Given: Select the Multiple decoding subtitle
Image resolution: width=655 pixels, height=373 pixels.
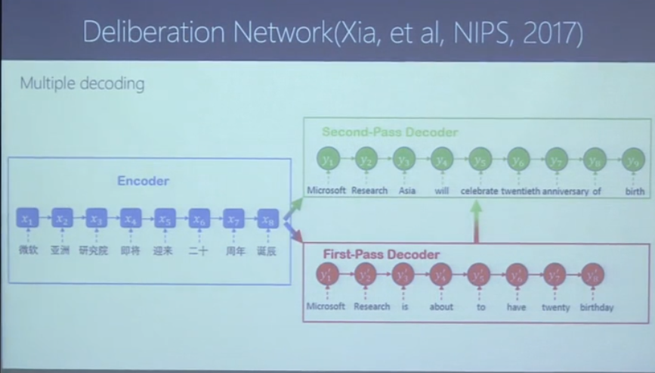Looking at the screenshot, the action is tap(82, 83).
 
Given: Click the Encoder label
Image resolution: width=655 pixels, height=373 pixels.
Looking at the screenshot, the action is tap(143, 181).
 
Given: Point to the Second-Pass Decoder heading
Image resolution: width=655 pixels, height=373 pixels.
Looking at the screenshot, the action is tap(390, 132).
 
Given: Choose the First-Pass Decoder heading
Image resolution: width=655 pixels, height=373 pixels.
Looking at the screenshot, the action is tap(382, 253).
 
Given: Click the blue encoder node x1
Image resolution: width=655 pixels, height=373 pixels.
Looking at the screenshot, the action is tap(27, 219).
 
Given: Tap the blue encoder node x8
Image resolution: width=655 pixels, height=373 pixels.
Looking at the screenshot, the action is tap(267, 219).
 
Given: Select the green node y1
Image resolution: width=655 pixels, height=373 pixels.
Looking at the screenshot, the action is tap(326, 160).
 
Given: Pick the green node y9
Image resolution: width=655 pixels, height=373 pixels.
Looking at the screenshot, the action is tap(634, 160).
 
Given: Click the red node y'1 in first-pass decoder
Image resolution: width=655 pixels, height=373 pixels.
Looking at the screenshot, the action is tap(326, 276).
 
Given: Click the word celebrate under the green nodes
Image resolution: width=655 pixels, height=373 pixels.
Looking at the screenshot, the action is tap(479, 191).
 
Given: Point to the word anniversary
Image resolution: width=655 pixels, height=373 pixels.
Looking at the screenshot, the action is tap(564, 191).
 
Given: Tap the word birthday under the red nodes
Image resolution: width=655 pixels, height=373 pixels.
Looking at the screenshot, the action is tap(596, 307).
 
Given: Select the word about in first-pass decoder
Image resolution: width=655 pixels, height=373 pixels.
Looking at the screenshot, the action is tap(441, 306).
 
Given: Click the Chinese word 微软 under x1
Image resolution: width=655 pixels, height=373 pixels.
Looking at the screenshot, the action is tap(28, 250).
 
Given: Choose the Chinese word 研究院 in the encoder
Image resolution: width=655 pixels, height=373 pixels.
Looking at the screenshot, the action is tap(94, 250).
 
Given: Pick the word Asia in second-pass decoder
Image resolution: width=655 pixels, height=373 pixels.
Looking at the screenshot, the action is tap(407, 191).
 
